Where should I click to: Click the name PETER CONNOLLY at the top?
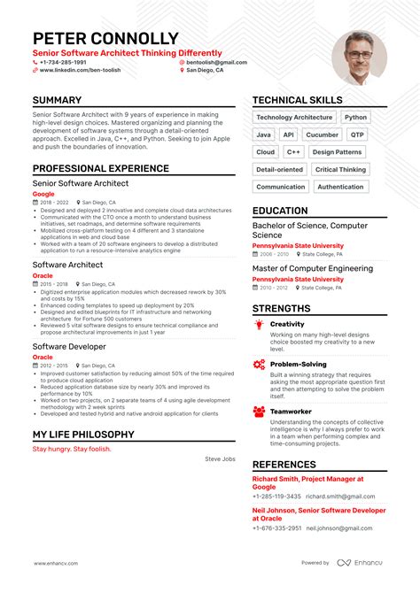118,39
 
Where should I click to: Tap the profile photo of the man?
359,58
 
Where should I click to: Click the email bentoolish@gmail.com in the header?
216,63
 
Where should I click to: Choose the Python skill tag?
355,117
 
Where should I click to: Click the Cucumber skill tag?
322,135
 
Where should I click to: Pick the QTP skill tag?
357,135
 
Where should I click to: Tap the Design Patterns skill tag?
337,151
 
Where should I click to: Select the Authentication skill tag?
340,187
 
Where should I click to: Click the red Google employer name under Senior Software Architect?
43,193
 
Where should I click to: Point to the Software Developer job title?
71,346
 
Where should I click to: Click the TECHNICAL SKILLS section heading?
297,101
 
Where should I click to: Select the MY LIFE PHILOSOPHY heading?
83,435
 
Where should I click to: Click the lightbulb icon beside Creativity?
259,325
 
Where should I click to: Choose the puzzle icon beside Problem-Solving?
259,364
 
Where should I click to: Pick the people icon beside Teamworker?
259,412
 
